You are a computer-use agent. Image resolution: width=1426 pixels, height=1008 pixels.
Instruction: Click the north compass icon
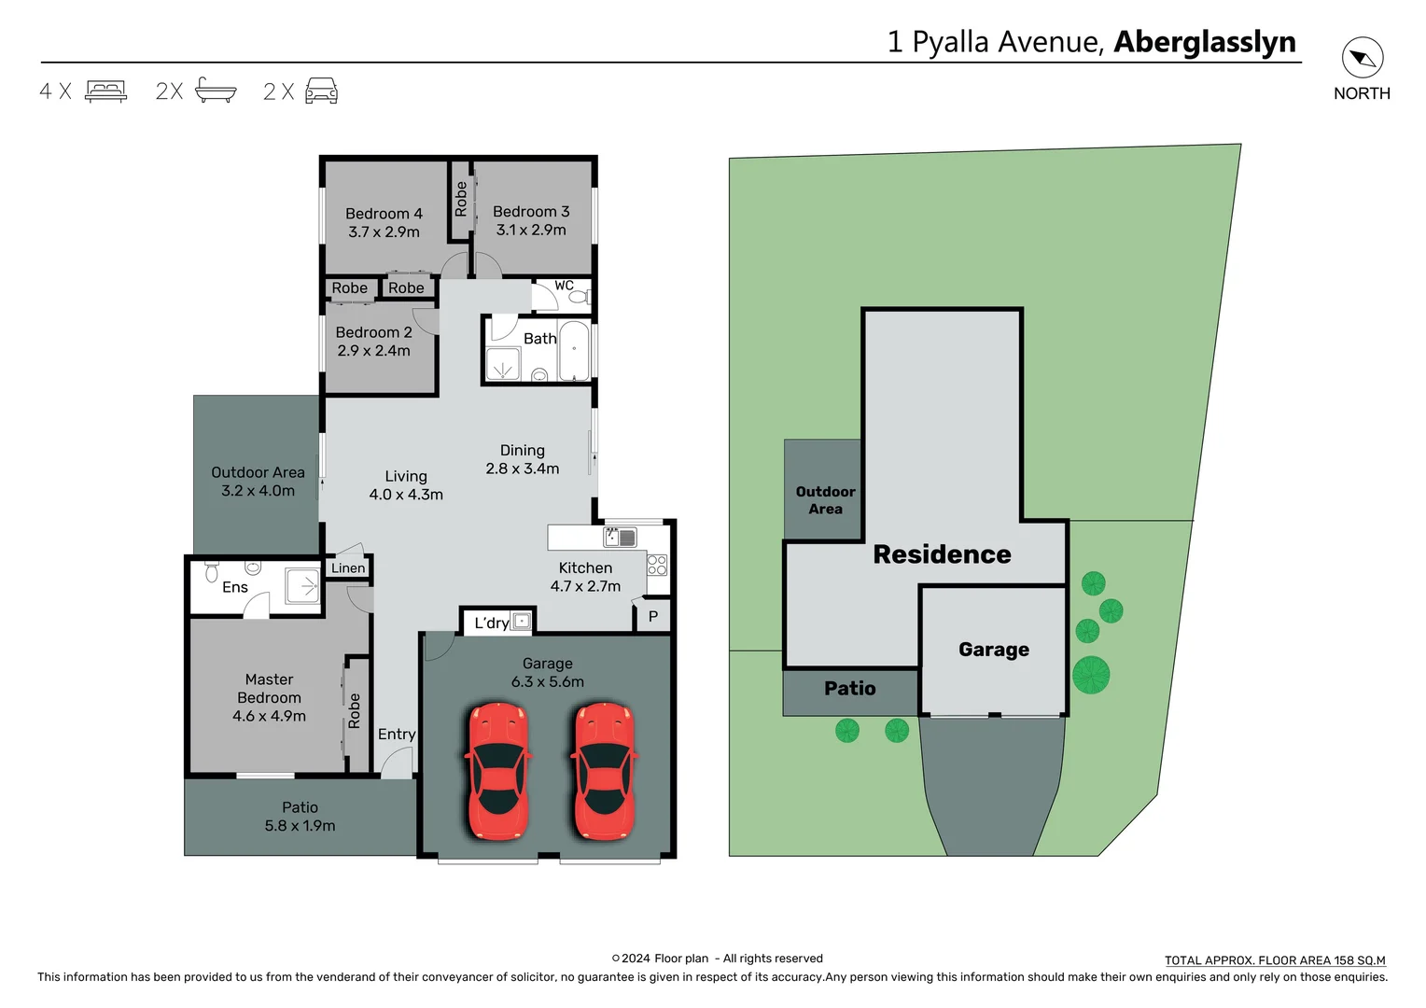1362,59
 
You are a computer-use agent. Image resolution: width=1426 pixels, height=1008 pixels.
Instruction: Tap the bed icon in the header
105,91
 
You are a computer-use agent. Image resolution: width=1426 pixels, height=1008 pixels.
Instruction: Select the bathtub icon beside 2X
216,90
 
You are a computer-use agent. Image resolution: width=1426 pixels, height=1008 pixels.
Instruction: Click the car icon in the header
321,91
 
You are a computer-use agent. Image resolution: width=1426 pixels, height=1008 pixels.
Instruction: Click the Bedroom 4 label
384,214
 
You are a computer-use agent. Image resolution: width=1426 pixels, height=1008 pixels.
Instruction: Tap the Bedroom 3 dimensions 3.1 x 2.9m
530,231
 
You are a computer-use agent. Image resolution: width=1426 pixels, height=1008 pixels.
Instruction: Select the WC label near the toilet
564,286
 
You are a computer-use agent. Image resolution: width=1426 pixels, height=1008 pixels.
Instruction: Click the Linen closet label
348,567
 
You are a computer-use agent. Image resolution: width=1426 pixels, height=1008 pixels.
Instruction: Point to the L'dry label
491,623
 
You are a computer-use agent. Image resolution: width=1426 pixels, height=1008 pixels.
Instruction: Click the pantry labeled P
653,616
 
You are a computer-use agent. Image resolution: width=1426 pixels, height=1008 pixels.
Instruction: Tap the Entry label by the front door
397,735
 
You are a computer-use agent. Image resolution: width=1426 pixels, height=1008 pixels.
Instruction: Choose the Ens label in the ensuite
235,587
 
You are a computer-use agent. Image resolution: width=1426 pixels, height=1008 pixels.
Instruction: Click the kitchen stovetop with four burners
657,565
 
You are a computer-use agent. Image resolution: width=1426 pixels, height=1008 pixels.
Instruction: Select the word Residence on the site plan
942,554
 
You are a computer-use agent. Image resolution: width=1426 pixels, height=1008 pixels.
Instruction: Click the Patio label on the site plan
849,689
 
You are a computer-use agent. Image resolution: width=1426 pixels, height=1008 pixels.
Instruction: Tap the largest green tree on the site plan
1090,674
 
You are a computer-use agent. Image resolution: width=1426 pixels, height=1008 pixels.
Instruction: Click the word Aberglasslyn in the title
1205,42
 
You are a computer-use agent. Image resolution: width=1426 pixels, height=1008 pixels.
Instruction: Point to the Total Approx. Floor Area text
1275,960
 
